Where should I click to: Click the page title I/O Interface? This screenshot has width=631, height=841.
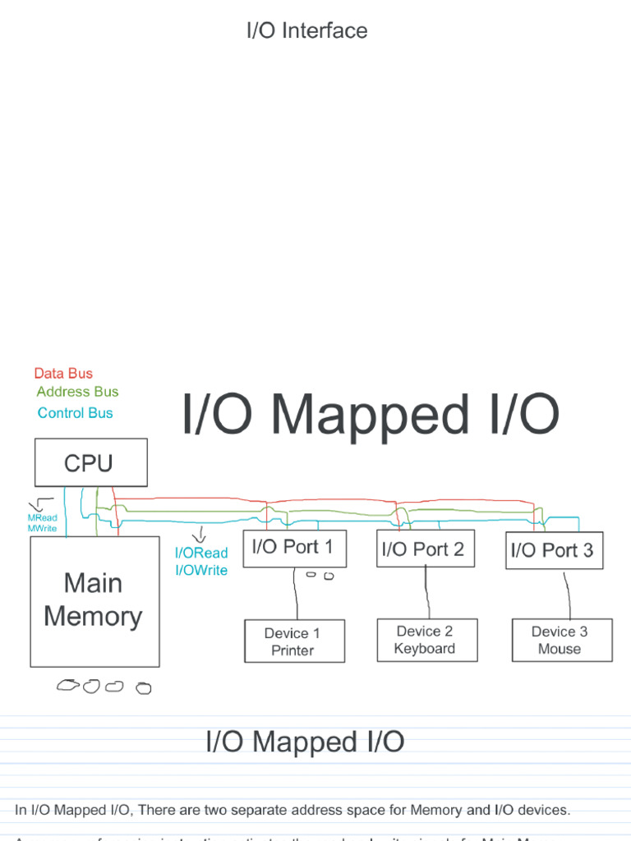coord(306,31)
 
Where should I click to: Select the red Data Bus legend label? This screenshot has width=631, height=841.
coord(63,374)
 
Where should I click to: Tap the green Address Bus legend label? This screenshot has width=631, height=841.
coord(77,392)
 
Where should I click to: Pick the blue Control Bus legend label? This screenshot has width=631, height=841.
coord(75,413)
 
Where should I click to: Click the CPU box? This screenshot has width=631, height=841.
coord(90,462)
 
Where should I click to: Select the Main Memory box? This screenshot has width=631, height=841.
coord(94,600)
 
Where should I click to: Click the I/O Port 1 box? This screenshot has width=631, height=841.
coord(293,548)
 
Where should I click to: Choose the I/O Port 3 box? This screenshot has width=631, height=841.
coord(553,550)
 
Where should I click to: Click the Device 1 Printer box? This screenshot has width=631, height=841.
coord(293,641)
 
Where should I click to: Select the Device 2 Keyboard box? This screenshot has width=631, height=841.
coord(425,640)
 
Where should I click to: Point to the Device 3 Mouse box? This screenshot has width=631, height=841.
coord(560,640)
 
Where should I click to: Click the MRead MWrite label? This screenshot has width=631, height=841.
coord(42,523)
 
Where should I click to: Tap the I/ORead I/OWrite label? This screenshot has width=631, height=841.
coord(200,562)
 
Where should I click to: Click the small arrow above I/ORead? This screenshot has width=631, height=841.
coord(199,535)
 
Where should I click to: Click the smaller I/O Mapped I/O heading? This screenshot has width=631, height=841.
coord(305,742)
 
